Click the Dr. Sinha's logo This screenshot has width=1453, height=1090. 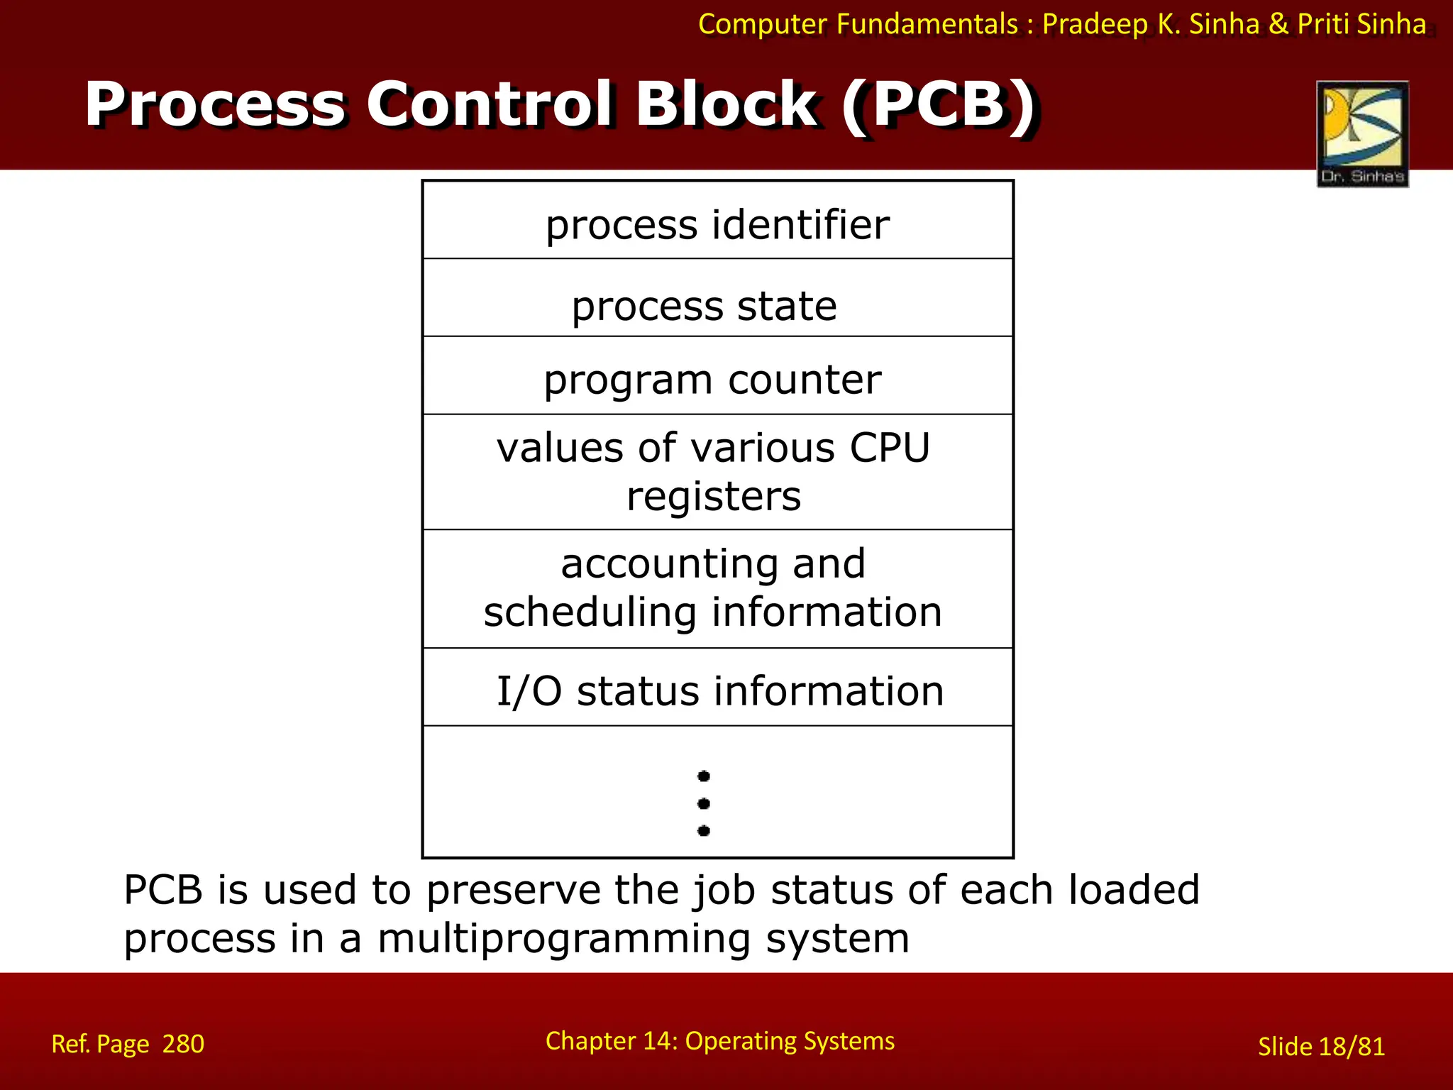point(1362,133)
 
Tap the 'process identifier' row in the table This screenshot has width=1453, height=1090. point(717,225)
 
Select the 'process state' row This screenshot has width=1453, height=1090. point(705,306)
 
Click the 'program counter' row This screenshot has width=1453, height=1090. point(712,380)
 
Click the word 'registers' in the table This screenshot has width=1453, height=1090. point(714,496)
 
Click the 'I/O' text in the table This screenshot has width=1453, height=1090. point(529,691)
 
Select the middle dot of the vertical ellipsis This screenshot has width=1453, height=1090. point(704,803)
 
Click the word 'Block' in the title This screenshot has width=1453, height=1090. point(726,105)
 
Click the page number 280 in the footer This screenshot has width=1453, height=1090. point(183,1044)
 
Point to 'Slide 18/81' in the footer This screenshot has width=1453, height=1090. point(1321,1047)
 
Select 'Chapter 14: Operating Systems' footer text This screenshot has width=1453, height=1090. point(719,1041)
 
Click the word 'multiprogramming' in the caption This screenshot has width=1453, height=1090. point(563,938)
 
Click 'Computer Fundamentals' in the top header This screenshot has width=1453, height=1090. point(858,24)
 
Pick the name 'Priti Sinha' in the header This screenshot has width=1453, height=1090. point(1361,24)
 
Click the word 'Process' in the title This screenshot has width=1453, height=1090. point(215,105)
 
